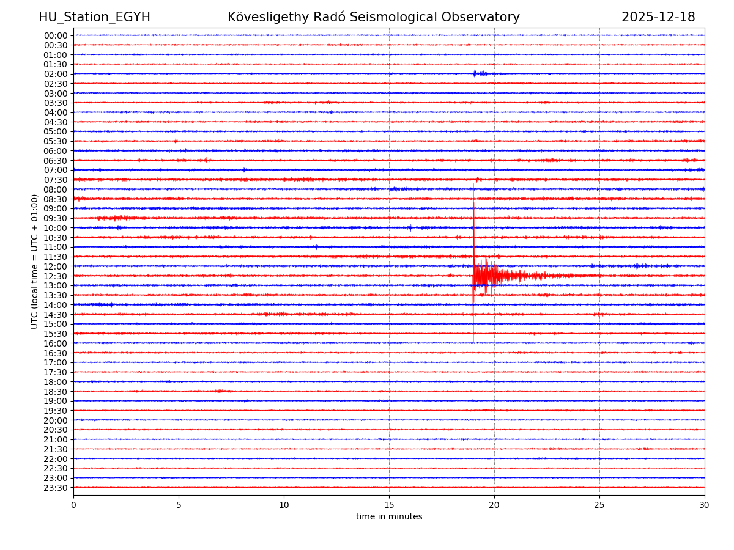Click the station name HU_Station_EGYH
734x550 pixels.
coord(94,17)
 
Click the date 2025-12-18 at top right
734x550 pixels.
coord(658,17)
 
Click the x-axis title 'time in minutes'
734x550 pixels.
coord(389,517)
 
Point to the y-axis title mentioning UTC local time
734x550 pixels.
coord(35,261)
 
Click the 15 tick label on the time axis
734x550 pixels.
coord(389,505)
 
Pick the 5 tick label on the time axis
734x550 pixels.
coord(179,505)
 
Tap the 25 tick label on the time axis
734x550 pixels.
coord(599,505)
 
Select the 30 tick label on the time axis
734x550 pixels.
coord(705,505)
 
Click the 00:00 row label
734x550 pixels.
coord(55,35)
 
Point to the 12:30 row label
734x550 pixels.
coord(55,276)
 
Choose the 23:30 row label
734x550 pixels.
coord(55,488)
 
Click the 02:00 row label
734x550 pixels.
coord(55,74)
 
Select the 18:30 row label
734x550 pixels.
coord(55,392)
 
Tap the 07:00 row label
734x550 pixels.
coord(55,170)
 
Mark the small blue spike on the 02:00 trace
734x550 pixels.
coord(475,73)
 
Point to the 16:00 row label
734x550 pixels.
coord(55,343)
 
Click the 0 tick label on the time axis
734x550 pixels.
coord(73,505)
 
